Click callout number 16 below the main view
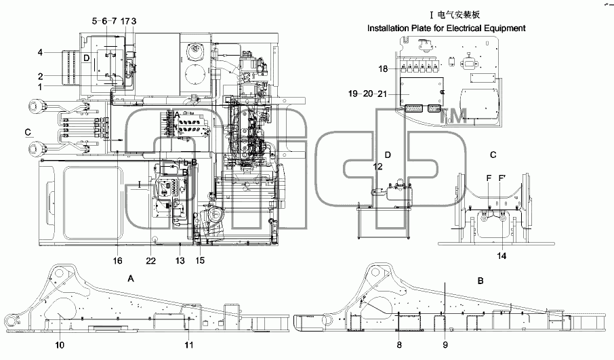[117, 261]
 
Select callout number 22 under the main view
[150, 261]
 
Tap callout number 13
[180, 261]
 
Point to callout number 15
[200, 260]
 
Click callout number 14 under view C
[502, 256]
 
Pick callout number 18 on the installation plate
[383, 69]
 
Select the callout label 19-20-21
[367, 94]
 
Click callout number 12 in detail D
[378, 167]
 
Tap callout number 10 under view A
[60, 345]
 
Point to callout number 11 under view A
[189, 345]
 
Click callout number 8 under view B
[399, 345]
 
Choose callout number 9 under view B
[445, 345]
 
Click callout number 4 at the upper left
[40, 52]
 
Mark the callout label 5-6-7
[104, 21]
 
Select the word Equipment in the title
[504, 28]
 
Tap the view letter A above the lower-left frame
[131, 279]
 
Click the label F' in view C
[502, 178]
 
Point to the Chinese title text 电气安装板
[458, 15]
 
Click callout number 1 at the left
[40, 87]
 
